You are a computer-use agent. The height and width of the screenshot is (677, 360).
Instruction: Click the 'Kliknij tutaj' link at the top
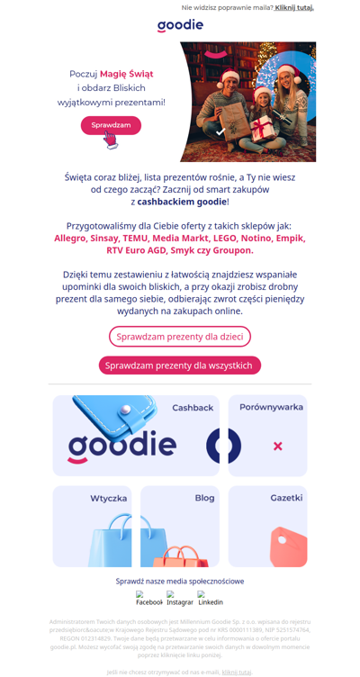coord(294,7)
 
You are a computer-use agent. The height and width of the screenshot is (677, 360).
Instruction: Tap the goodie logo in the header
coord(180,25)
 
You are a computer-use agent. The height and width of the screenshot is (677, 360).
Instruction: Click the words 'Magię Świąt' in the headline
coord(126,74)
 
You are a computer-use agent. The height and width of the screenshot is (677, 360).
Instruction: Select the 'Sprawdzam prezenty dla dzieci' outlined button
coord(180,337)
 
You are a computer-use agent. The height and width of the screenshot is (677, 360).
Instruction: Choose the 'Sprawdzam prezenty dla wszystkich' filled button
coord(180,366)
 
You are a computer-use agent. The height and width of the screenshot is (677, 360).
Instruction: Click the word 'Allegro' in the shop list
coord(70,239)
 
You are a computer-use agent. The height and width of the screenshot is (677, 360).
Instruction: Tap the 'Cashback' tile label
coord(193,408)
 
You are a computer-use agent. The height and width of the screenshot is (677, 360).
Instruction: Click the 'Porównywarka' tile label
coord(271,408)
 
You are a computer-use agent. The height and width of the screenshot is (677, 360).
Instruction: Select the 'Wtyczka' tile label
coord(108,499)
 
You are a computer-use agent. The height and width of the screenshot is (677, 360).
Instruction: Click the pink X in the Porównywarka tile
coord(277,446)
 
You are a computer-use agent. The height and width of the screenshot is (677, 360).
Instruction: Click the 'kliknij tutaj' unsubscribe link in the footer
coord(237,672)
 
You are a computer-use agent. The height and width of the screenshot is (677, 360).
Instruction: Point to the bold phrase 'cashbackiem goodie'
coord(182,202)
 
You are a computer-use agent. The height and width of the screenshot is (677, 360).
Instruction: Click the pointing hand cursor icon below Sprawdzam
coord(110,140)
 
